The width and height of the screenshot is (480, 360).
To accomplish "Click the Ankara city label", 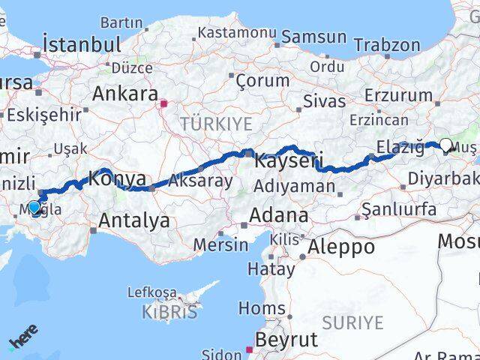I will tap(124, 94).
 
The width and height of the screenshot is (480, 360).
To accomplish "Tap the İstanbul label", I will tap(82, 44).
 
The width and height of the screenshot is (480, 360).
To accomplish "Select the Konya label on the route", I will tap(117, 178).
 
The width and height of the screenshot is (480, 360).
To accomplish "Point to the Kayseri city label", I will tap(289, 160).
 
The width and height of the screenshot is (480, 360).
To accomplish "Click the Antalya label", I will tap(134, 220).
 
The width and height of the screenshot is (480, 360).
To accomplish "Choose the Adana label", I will tap(278, 216).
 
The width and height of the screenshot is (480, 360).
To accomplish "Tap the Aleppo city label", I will tap(341, 247).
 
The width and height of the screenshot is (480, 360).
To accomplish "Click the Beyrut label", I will tap(287, 339).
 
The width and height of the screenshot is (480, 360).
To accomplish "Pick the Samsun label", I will tap(313, 37).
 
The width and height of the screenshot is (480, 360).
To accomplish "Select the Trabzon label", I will tap(387, 44).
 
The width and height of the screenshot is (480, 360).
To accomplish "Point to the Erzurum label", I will tap(398, 95).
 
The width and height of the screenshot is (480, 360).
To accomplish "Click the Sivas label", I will tap(324, 100).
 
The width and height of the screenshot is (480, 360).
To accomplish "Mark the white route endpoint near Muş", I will tap(446, 145).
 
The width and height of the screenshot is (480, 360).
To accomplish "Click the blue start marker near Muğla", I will tap(34, 207).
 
